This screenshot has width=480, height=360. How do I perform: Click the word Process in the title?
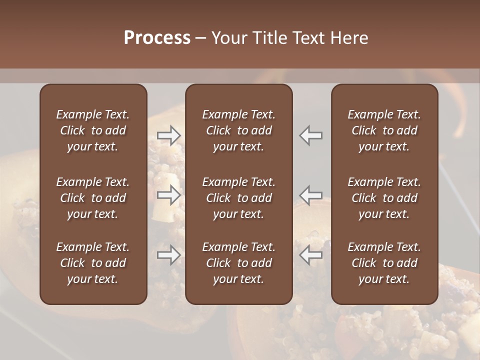click(157, 37)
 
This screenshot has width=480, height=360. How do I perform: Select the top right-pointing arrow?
click(169, 135)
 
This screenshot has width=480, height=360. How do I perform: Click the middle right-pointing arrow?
click(169, 195)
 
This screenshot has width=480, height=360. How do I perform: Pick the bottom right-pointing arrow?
click(169, 255)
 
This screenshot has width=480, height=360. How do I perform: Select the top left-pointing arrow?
click(311, 135)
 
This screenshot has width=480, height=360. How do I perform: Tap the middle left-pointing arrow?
click(311, 195)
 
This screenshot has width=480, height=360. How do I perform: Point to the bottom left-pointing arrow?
click(311, 255)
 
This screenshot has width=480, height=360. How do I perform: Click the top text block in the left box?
click(93, 130)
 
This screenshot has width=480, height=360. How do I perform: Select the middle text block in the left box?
click(93, 198)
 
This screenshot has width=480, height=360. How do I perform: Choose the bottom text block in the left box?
click(93, 263)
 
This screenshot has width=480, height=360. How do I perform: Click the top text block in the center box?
click(239, 130)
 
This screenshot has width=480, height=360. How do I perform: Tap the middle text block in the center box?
click(239, 198)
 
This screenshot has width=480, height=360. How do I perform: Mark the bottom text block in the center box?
click(239, 263)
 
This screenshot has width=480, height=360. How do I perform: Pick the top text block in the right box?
click(384, 130)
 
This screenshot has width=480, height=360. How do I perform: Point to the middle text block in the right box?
click(384, 198)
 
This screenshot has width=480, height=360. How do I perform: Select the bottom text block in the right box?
click(384, 263)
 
